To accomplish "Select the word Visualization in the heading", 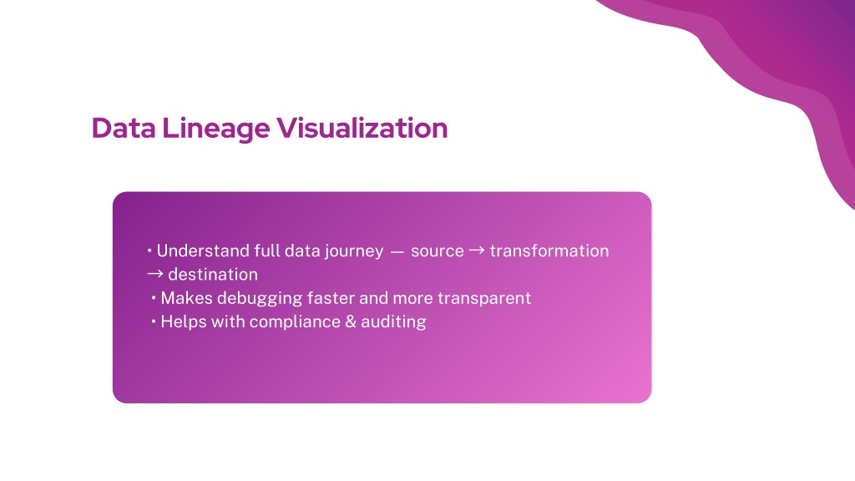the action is point(362,128).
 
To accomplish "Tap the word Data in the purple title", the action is point(124,128).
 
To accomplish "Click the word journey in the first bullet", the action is point(354,251).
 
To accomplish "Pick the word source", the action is point(438,251).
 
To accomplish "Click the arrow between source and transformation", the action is point(477,251).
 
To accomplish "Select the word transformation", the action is point(549,251).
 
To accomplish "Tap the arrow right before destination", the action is point(154,274).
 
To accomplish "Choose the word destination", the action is point(213,274).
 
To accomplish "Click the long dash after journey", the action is point(397,252).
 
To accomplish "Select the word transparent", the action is point(484,299).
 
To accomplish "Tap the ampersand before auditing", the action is point(351,322).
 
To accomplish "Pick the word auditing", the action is point(394,322).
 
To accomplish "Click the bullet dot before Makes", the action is point(154,298).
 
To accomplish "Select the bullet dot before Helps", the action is point(154,322).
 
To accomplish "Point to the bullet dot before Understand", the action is point(149,251).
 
